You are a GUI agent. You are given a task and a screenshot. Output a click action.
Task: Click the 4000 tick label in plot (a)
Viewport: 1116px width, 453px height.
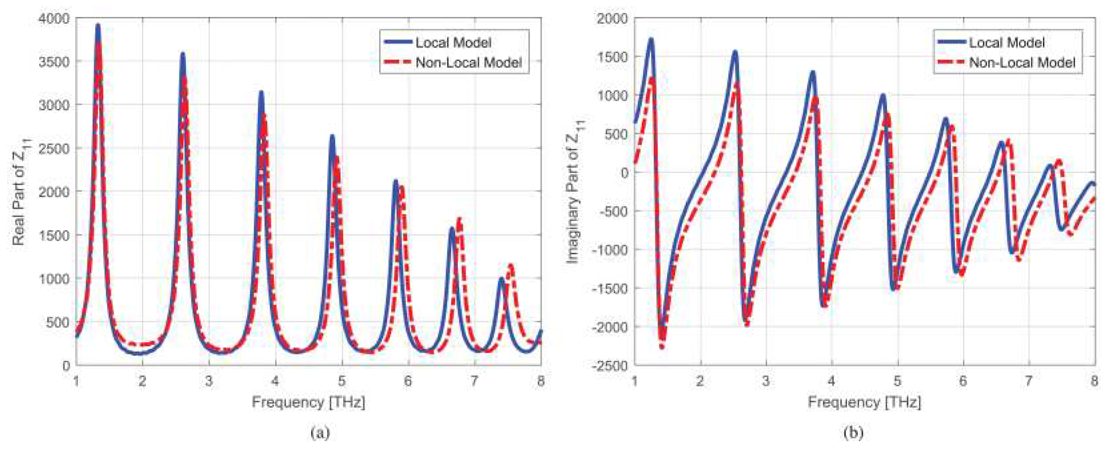(x=54, y=19)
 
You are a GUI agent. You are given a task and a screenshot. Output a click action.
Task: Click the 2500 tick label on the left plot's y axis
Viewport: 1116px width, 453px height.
(x=54, y=149)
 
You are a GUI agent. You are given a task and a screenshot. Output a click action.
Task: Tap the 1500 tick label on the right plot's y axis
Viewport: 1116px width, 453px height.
(x=612, y=57)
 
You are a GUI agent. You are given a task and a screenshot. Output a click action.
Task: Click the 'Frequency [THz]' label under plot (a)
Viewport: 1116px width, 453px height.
(x=308, y=402)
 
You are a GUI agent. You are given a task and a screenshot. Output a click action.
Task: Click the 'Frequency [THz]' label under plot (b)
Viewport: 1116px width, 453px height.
(x=864, y=402)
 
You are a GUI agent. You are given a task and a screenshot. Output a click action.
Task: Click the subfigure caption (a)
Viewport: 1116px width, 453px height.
(x=320, y=433)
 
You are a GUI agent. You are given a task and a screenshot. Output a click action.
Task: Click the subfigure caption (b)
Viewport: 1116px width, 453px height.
(x=853, y=433)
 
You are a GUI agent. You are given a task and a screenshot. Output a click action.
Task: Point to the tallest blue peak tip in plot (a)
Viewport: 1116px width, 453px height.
(x=98, y=25)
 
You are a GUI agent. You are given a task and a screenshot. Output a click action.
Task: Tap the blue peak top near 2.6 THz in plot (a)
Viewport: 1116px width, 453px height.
(x=182, y=54)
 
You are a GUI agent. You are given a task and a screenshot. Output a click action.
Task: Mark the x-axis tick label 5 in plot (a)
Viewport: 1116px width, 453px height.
(x=341, y=381)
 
